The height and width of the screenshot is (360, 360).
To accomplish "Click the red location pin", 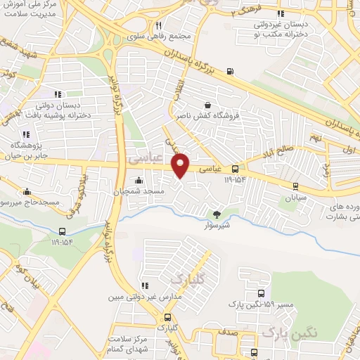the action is pyautogui.click(x=181, y=165).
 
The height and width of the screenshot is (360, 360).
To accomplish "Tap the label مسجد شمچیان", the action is pyautogui.click(x=141, y=191).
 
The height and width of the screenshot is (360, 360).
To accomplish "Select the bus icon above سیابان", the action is pyautogui.click(x=295, y=186).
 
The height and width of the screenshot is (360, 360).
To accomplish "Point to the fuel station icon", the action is pyautogui.click(x=230, y=71).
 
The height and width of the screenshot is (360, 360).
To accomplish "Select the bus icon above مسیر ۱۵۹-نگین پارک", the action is pyautogui.click(x=262, y=293).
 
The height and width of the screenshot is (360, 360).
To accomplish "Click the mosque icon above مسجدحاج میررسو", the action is pyautogui.click(x=27, y=191).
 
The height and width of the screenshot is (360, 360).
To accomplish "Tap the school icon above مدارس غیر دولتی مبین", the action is pyautogui.click(x=145, y=285).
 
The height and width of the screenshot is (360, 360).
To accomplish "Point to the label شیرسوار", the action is pyautogui.click(x=217, y=225).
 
